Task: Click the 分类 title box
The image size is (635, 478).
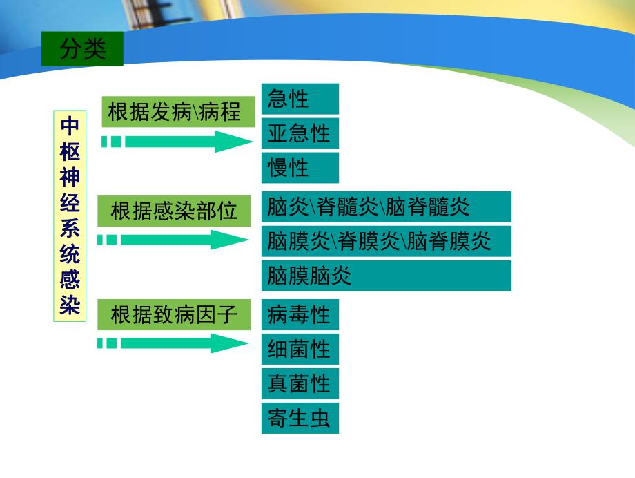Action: (x=82, y=50)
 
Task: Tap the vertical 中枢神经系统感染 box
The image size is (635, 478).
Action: (x=69, y=215)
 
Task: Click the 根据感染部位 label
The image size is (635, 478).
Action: (x=173, y=211)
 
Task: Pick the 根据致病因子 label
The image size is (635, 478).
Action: (x=173, y=315)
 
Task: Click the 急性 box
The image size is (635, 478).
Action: (x=300, y=99)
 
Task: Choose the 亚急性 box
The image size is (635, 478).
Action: (x=300, y=133)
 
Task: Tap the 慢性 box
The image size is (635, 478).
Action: (x=300, y=167)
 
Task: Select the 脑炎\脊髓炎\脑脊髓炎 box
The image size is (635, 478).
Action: (x=386, y=207)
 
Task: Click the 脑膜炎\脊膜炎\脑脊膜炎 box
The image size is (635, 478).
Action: (x=386, y=241)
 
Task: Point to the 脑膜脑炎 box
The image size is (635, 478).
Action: (x=386, y=276)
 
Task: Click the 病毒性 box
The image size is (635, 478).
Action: (x=300, y=316)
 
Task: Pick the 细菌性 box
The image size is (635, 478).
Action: (x=300, y=350)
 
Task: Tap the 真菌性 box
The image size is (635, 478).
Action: (x=300, y=383)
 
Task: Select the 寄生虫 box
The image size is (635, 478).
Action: (x=300, y=418)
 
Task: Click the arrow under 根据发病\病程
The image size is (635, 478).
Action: (x=179, y=142)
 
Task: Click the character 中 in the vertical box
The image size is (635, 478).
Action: (x=70, y=126)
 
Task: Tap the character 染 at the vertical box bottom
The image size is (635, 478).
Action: (x=70, y=304)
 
